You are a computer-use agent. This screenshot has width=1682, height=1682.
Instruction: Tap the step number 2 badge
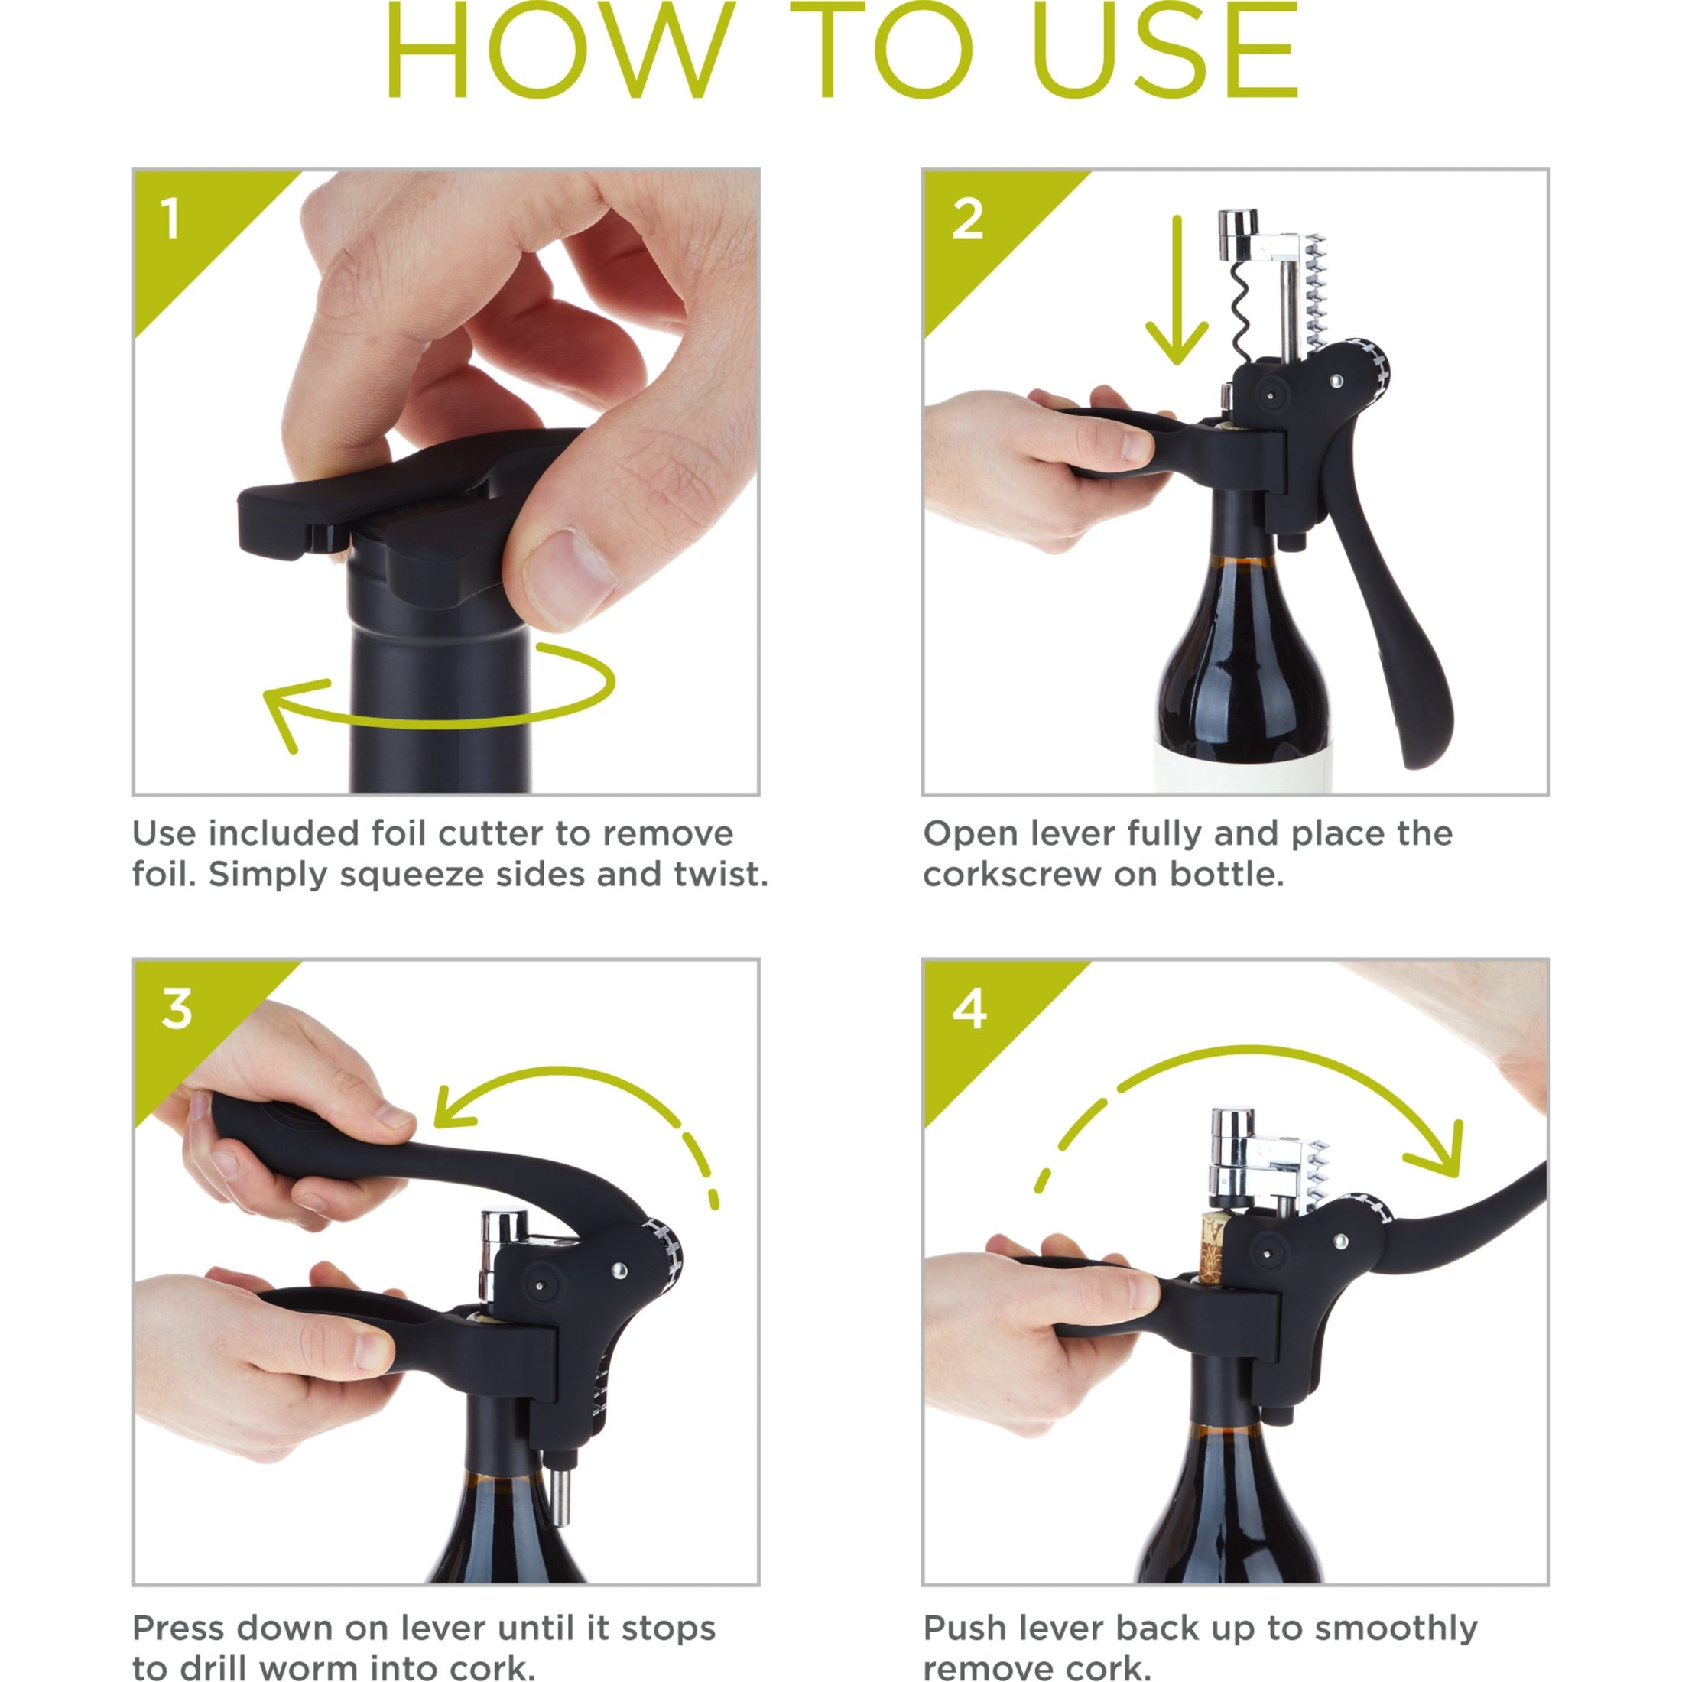(x=967, y=219)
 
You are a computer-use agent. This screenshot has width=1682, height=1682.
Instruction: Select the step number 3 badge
(x=177, y=1010)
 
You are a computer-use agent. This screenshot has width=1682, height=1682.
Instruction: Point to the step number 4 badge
(x=969, y=1010)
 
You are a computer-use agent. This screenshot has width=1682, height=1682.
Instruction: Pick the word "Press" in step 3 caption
(x=178, y=1627)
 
